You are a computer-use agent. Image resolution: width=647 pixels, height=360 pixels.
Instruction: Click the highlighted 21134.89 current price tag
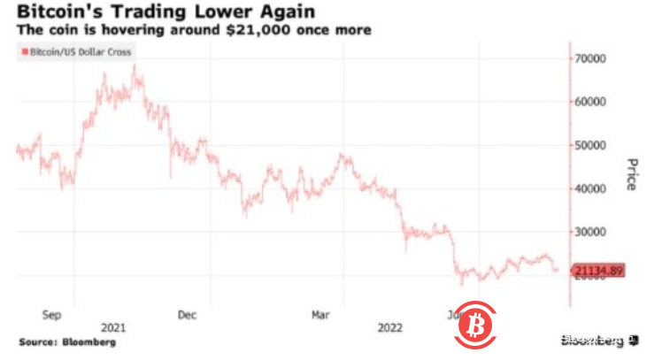(600, 270)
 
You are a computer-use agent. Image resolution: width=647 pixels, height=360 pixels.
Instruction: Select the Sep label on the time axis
(52, 313)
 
